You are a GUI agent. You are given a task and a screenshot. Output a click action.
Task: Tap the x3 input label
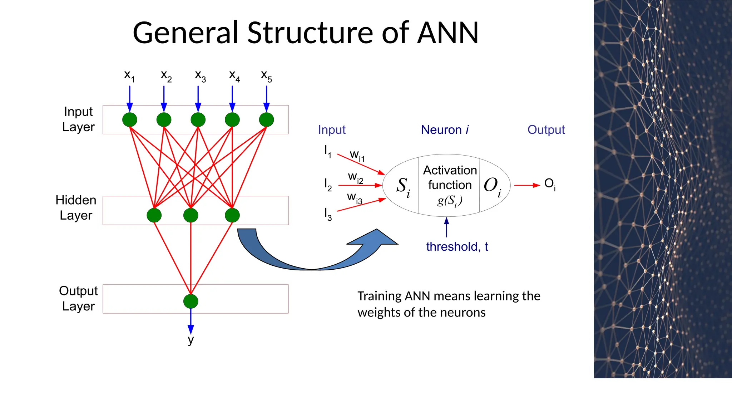coord(200,76)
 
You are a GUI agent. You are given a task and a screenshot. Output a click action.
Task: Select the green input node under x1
coord(130,119)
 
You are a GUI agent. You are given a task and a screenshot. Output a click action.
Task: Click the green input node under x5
coord(266,119)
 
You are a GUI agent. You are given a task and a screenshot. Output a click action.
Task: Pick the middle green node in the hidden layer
coord(191,215)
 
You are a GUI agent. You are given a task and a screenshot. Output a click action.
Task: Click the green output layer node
coord(191,301)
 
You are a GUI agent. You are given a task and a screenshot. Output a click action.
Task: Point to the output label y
coord(191,340)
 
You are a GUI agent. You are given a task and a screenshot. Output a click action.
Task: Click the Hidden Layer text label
coord(76,208)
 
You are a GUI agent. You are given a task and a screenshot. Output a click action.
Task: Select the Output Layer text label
coord(78,298)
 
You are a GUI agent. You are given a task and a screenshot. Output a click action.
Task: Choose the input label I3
coord(328,214)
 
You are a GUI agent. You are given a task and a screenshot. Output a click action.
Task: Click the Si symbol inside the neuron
coord(403,187)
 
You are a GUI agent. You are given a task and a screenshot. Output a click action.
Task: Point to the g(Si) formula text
coord(450,201)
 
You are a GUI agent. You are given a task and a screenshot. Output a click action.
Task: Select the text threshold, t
coord(457,246)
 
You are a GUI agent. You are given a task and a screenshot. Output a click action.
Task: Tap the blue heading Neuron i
coord(445,129)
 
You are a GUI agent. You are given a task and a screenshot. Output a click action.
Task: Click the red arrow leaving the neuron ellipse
coord(526,185)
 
